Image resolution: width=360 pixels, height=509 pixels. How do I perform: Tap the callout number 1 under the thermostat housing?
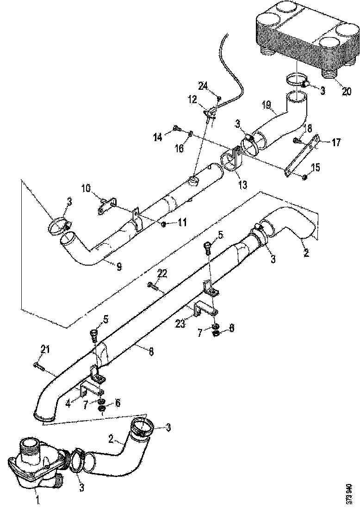coord(38,500)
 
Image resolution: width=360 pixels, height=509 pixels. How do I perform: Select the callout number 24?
coord(203,86)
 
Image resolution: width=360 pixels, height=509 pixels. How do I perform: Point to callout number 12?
coord(192,99)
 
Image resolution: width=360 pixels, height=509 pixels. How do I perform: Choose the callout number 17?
coord(336,142)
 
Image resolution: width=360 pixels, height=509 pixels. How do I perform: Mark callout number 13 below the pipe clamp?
coord(242,185)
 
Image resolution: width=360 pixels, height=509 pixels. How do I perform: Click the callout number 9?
coord(119,267)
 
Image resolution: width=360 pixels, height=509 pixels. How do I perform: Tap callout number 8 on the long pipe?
coord(151,351)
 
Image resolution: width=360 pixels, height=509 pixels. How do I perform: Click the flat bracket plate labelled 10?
coord(106,205)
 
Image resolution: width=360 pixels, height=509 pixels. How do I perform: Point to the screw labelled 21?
coord(39,366)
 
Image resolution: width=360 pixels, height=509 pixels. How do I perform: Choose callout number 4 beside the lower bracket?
coord(68,403)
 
